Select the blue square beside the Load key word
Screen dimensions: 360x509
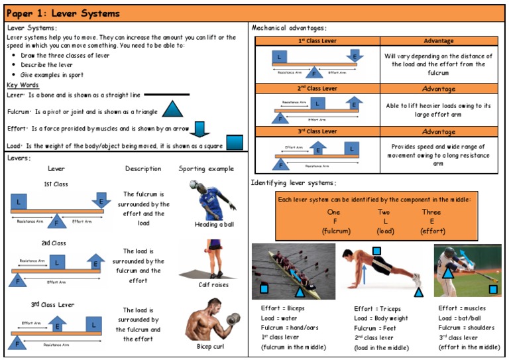click(235, 143)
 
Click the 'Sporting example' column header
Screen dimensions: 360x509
click(206, 169)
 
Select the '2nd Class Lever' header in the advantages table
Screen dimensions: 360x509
click(317, 88)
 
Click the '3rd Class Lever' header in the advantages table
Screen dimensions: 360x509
click(317, 131)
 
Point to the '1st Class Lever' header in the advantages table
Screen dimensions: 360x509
click(317, 41)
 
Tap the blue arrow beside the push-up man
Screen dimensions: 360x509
click(363, 272)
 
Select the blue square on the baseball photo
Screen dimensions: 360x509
click(492, 289)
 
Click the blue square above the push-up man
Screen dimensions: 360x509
click(376, 251)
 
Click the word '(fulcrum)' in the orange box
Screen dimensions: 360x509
click(336, 231)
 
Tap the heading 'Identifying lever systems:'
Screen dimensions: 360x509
click(294, 183)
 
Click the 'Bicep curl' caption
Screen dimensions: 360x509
click(210, 346)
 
